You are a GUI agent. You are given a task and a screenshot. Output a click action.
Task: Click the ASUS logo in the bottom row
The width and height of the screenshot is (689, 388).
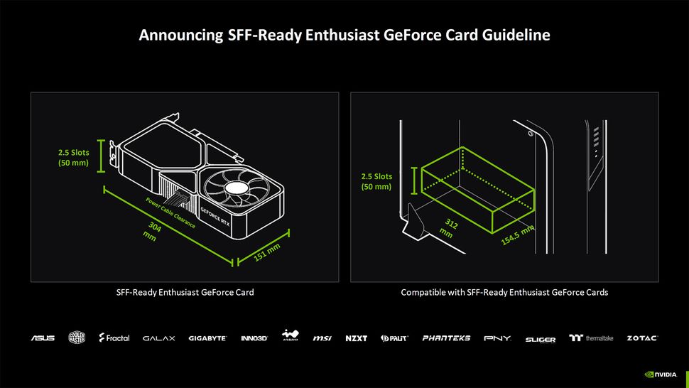43,338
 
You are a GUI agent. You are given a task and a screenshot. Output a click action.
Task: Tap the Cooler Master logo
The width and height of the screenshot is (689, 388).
77,338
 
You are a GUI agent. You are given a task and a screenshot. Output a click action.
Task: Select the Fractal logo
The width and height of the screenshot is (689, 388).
114,338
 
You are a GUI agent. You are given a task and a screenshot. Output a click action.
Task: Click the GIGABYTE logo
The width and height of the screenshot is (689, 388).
207,338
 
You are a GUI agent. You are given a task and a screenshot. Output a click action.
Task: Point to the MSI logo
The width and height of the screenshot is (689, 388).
322,338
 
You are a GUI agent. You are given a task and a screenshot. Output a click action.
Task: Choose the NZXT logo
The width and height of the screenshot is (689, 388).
357,338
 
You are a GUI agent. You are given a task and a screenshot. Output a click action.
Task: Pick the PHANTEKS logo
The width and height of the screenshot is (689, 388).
446,338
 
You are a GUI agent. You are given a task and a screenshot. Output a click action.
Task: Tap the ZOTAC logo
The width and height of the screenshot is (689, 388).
642,338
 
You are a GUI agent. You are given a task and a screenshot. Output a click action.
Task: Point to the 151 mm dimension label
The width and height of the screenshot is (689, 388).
268,252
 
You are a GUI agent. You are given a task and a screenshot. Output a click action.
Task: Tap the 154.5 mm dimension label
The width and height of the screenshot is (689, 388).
517,236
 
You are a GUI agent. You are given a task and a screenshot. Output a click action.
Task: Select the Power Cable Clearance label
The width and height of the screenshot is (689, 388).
171,212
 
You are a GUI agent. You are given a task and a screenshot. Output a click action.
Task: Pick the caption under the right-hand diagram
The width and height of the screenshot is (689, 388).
504,292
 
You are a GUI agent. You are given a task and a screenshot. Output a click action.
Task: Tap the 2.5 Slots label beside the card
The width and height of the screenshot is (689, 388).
74,157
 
